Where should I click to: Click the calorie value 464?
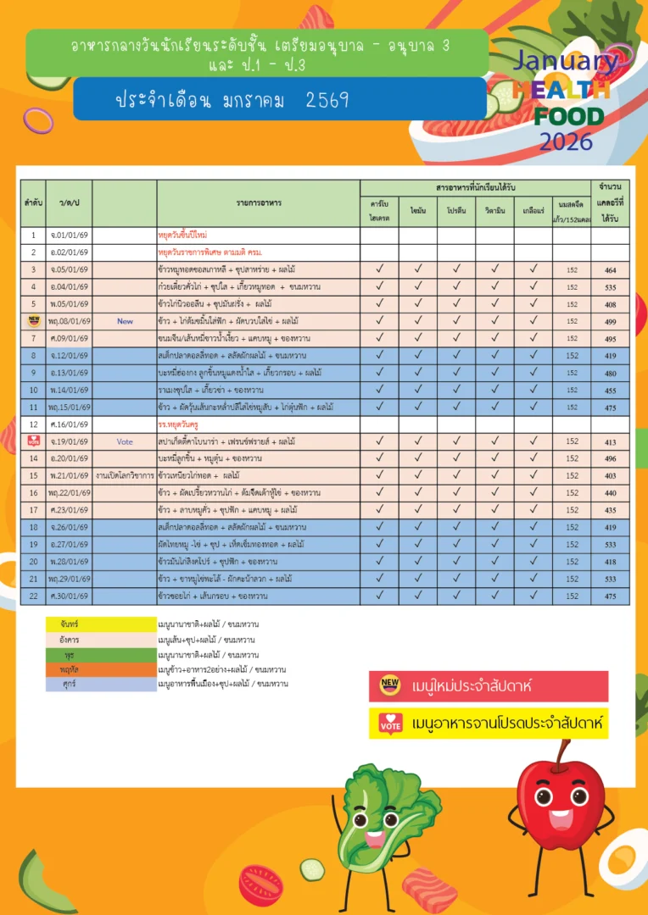[x=610, y=270]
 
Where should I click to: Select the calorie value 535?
[x=610, y=287]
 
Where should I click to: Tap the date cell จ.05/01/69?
[x=69, y=270]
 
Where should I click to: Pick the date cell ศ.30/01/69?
[x=69, y=596]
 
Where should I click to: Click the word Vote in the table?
[x=125, y=441]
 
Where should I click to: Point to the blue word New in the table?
[x=125, y=321]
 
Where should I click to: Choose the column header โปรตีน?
[x=455, y=210]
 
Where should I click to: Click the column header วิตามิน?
[x=494, y=210]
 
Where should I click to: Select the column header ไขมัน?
[x=417, y=210]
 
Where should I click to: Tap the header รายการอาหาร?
[x=259, y=203]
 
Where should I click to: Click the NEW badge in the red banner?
[x=390, y=685]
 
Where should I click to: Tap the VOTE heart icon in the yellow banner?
[x=390, y=724]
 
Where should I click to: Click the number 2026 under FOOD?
[x=566, y=141]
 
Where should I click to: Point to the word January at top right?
[x=566, y=61]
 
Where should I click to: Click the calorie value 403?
[x=610, y=475]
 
